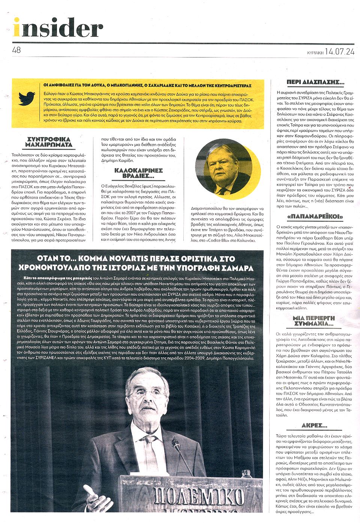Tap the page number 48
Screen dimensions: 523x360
click(16, 50)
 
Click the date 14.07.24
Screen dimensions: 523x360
click(339, 52)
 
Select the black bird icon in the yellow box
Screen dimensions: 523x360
click(27, 99)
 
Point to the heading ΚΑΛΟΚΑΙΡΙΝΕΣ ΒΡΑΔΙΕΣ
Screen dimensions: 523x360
click(138, 173)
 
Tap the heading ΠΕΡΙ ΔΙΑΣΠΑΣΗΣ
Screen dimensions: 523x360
click(315, 82)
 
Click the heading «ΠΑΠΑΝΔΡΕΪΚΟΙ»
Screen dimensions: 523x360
click(315, 217)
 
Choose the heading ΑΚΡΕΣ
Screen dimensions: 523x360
click(314, 426)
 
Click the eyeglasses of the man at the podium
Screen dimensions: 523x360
click(147, 394)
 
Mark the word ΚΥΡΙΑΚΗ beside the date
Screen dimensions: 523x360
click(315, 53)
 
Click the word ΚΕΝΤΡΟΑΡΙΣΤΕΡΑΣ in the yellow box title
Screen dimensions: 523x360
click(227, 86)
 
